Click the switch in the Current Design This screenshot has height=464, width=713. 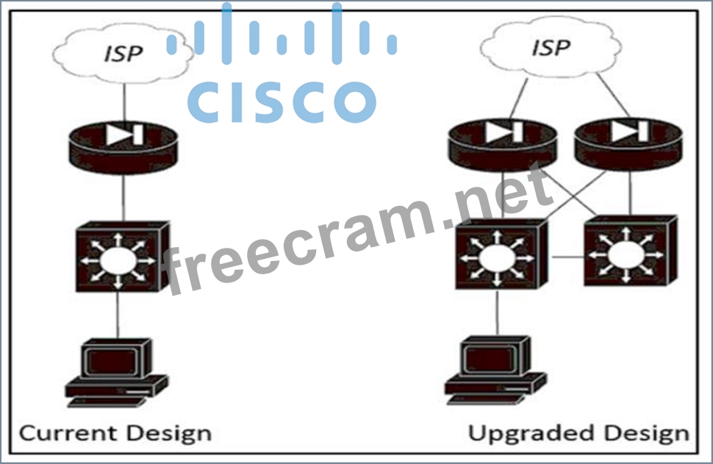point(118,257)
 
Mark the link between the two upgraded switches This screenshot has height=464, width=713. point(565,257)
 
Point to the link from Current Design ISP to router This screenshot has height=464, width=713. point(123,103)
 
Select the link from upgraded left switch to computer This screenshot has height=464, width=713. point(498,313)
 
